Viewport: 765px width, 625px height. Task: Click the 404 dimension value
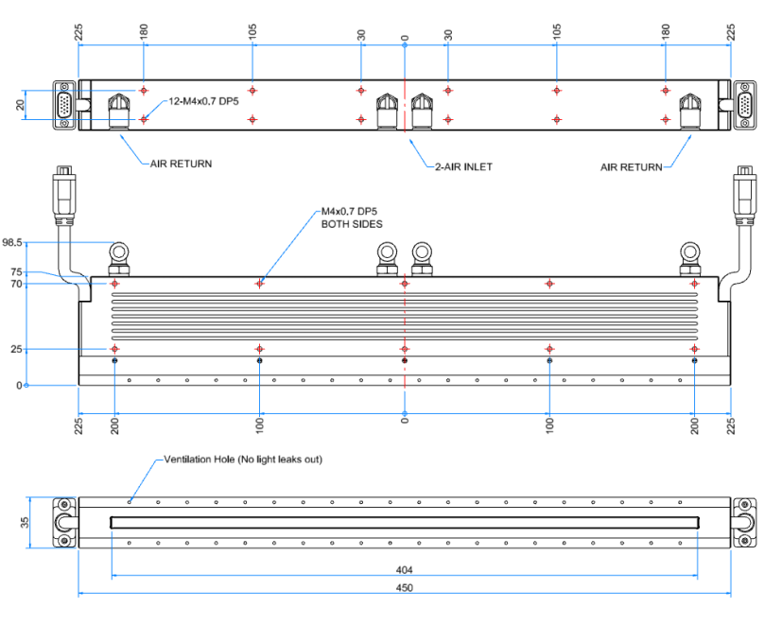pyautogui.click(x=404, y=570)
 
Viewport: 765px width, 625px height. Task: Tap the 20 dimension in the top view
pyautogui.click(x=20, y=105)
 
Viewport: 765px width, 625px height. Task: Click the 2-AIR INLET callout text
pyautogui.click(x=463, y=165)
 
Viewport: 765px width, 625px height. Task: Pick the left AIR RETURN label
pyautogui.click(x=182, y=164)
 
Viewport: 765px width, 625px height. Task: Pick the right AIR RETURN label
pyautogui.click(x=631, y=167)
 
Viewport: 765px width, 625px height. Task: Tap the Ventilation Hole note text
pyautogui.click(x=244, y=460)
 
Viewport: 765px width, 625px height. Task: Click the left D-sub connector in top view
pyautogui.click(x=63, y=104)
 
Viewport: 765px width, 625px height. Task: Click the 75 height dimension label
pyautogui.click(x=16, y=271)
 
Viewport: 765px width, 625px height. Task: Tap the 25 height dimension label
pyautogui.click(x=16, y=350)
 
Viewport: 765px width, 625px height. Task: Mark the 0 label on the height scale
pyautogui.click(x=18, y=386)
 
